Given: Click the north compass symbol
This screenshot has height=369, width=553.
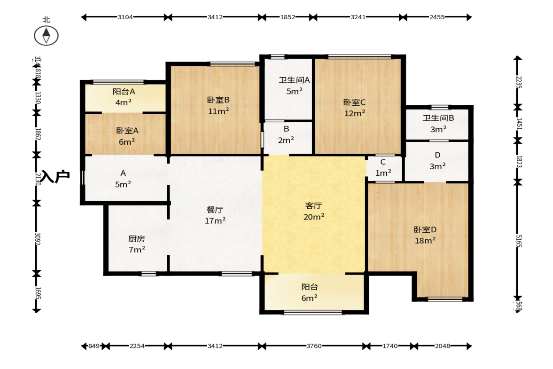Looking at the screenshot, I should point(46,35).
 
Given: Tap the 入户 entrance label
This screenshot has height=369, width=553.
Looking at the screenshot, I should point(55,177).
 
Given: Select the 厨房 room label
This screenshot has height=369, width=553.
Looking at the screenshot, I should point(137,238).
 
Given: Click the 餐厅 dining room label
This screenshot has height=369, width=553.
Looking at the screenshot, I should point(215,210).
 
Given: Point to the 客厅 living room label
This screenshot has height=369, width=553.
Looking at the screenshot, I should point(313,205).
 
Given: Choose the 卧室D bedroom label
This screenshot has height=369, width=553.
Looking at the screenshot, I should point(425,230).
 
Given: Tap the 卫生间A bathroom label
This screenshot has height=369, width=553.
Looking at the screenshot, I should point(294,80).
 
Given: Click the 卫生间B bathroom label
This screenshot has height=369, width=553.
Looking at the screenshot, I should point(438,118).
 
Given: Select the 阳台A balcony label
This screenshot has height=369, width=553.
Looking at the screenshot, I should point(124,91).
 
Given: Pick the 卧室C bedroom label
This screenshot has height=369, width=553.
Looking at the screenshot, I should point(354,102).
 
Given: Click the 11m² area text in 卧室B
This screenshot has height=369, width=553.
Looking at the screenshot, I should point(218,111).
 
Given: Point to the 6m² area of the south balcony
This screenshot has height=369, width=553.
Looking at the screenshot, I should point(309,298).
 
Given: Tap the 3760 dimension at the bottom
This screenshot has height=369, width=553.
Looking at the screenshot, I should point(313,346).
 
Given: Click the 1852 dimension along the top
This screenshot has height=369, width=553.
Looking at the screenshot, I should point(288,17).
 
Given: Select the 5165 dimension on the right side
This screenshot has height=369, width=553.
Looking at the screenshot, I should point(518,241).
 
